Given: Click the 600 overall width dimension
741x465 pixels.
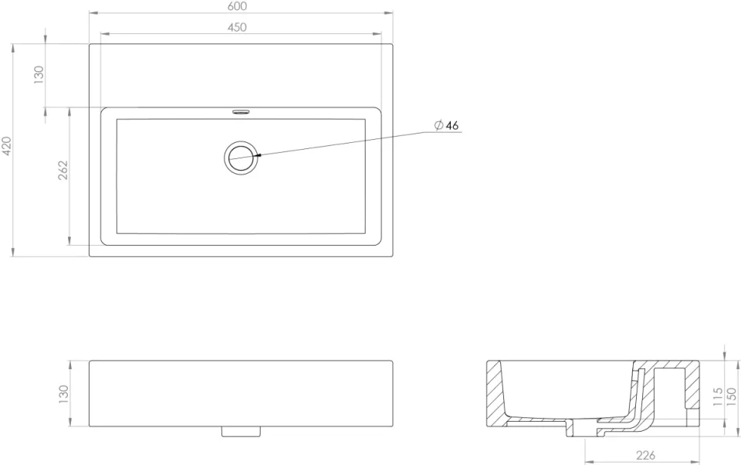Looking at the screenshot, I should click(x=238, y=6).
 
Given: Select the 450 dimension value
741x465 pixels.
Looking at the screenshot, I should click(x=238, y=28).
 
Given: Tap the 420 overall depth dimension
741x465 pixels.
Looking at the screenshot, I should click(x=7, y=146).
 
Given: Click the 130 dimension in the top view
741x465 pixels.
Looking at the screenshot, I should click(x=39, y=75).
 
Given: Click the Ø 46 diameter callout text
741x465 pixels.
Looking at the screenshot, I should click(x=447, y=125).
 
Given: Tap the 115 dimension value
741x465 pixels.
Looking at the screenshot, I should click(x=717, y=396).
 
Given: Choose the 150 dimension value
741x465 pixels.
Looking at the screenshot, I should click(x=732, y=396).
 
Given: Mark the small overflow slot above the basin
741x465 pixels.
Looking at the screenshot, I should click(x=241, y=112).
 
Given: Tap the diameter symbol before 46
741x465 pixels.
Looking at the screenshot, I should click(x=438, y=125).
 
